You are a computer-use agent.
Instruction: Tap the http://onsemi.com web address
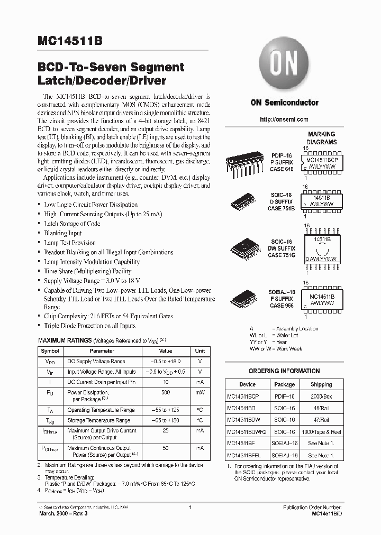(284, 119)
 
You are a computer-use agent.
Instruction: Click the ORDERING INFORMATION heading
(284, 371)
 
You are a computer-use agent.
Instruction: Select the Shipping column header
(321, 384)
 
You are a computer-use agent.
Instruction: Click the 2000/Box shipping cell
(321, 395)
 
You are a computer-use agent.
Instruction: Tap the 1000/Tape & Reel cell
(321, 431)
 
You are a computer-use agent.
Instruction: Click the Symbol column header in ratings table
(50, 351)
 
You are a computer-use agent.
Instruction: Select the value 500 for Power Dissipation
(166, 393)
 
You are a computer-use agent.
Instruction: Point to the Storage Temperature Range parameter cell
(99, 420)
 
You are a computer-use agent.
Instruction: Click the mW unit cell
(200, 393)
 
